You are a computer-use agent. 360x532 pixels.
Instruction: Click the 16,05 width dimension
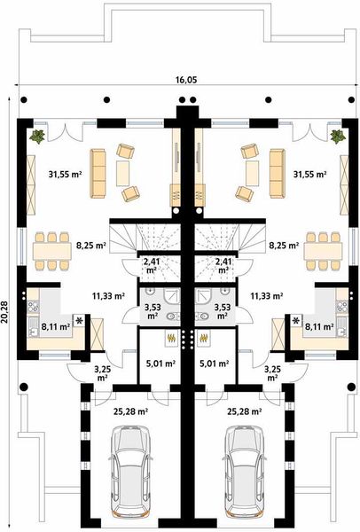185,80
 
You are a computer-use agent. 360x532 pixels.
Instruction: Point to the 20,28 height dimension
7,311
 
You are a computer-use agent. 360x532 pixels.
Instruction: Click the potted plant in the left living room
38,137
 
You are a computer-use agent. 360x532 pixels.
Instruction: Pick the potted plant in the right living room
336,137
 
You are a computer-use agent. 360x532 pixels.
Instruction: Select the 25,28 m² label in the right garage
243,411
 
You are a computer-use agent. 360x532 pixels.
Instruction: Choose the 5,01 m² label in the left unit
160,363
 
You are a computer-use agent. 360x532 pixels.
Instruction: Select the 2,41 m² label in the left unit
153,265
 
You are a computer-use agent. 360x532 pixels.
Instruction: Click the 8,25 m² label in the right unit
282,242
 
